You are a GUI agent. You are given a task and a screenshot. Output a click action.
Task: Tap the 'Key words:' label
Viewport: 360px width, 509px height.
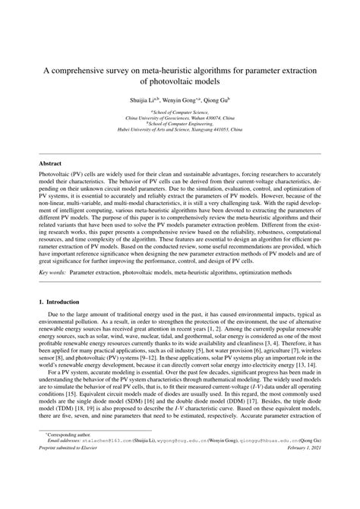(53, 292)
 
